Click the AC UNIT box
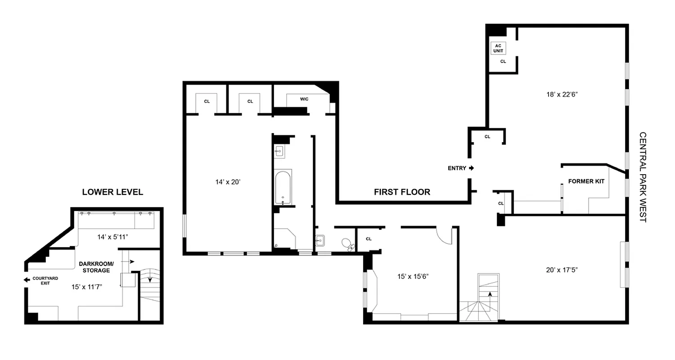pyautogui.click(x=498, y=48)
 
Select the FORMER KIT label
pyautogui.click(x=586, y=181)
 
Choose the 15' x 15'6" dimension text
pyautogui.click(x=413, y=276)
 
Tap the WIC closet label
pyautogui.click(x=304, y=99)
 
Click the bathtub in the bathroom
pyautogui.click(x=283, y=187)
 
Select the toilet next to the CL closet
pyautogui.click(x=347, y=244)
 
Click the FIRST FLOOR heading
pyautogui.click(x=402, y=192)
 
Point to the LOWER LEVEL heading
pyautogui.click(x=112, y=192)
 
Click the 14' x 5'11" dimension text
pyautogui.click(x=112, y=237)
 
